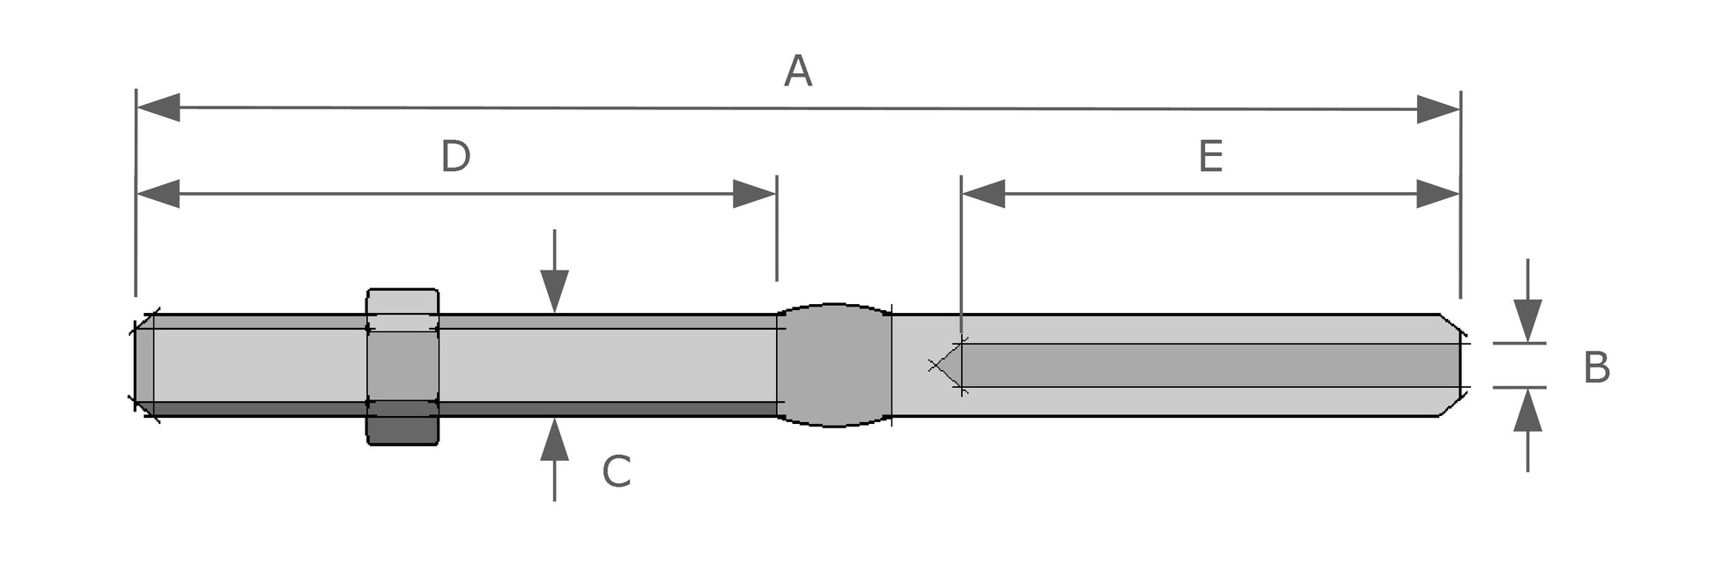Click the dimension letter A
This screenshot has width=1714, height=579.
(797, 71)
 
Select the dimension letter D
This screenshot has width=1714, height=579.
(455, 157)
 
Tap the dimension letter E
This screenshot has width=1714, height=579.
(1210, 157)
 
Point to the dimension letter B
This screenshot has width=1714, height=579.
(1596, 367)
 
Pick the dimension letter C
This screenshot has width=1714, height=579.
(617, 472)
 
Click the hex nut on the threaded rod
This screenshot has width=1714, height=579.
(403, 367)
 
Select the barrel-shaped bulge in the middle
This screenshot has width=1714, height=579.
(834, 365)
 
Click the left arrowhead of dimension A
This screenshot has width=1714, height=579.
(159, 108)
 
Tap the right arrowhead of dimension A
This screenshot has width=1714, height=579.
(1438, 109)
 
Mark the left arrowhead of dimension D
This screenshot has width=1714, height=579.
(159, 194)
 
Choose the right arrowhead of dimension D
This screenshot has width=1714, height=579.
(754, 194)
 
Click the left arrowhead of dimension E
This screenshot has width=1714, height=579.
(984, 194)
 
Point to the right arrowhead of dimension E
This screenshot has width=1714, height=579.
(1438, 194)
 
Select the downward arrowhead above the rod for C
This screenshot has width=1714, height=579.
(554, 291)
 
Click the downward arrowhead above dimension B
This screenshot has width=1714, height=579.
(1527, 321)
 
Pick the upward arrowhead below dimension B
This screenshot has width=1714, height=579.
(1527, 410)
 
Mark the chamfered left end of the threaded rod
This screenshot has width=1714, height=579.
(144, 365)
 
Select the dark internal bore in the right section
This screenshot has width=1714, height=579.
(1207, 365)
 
